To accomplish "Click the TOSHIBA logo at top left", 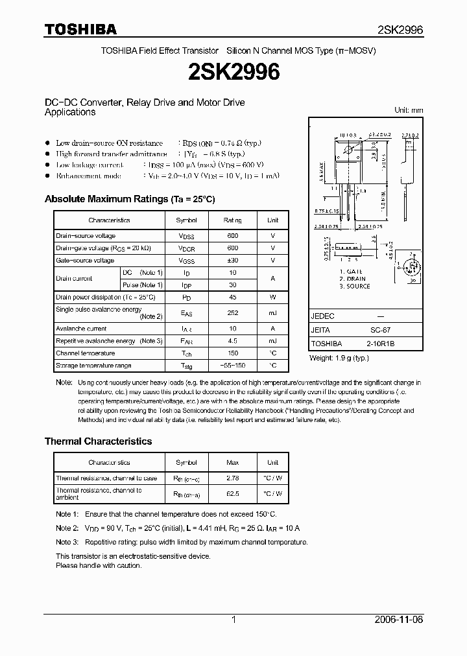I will [80, 29].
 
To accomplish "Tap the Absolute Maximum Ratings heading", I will [129, 199].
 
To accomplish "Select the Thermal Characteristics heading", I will [98, 441].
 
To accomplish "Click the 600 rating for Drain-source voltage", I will [232, 236].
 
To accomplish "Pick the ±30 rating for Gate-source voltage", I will [232, 261].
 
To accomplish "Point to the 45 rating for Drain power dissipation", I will [232, 297].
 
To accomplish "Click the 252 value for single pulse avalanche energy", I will [232, 312].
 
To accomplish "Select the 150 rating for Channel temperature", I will [232, 353].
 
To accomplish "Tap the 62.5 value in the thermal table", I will [232, 493].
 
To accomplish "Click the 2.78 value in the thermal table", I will [232, 478].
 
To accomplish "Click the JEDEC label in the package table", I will [323, 316].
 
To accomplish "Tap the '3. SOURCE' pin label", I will [354, 286].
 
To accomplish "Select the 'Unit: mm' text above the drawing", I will [409, 110].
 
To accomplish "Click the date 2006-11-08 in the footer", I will [400, 620].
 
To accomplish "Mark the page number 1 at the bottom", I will [233, 620].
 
